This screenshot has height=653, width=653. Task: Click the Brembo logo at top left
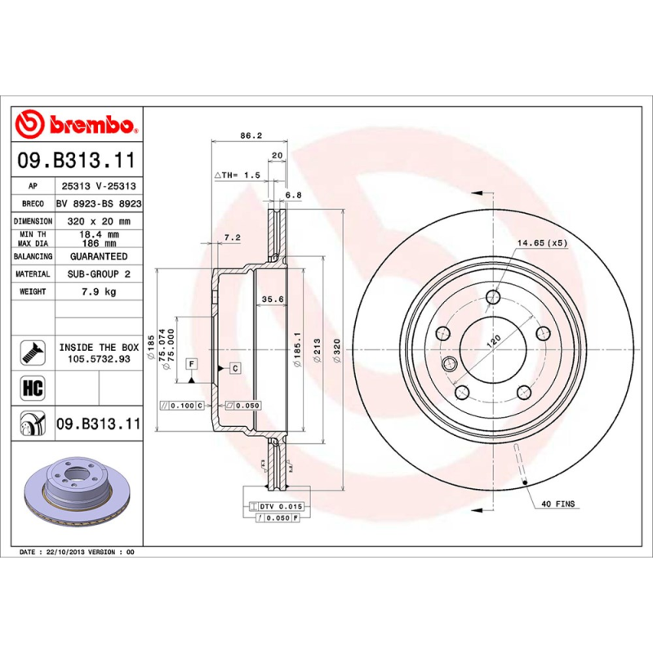point(76,124)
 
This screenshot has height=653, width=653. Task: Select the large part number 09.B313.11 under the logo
point(76,159)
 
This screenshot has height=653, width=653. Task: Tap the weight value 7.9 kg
point(98,291)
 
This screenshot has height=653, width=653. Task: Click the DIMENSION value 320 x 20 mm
point(98,221)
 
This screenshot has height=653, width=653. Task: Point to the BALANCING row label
point(33,256)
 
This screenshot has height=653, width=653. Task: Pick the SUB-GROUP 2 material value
point(98,274)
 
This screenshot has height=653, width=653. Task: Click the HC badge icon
point(32,385)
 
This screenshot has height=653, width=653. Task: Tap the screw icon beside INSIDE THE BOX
point(32,353)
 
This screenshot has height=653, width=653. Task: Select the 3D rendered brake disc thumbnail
point(76,498)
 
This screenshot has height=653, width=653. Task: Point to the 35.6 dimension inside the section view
point(271,300)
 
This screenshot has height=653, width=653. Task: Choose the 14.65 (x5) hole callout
point(541,243)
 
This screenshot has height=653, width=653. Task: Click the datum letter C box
point(235,369)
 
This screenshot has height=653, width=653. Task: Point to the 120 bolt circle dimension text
point(493,340)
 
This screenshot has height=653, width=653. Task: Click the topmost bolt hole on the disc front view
point(492,298)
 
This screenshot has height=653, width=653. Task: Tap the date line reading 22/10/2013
point(78,553)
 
